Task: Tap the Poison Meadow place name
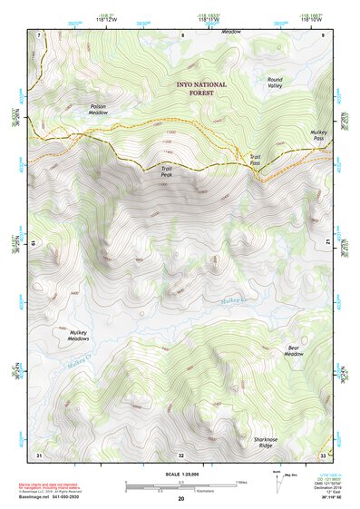[98, 109]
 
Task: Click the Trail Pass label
[255, 160]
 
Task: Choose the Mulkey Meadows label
[79, 337]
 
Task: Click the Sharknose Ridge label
[263, 444]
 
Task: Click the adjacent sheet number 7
[39, 34]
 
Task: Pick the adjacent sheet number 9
[324, 34]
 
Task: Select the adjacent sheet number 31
[39, 455]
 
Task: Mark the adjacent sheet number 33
[323, 455]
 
